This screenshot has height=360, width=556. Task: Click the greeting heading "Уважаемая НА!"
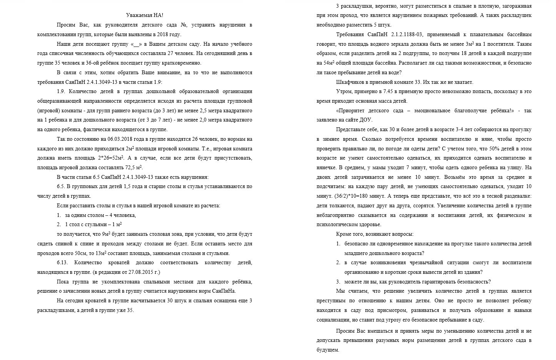pyautogui.click(x=145, y=15)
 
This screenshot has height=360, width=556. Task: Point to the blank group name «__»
pyautogui.click(x=136, y=44)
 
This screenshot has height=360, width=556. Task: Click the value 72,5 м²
pyautogui.click(x=133, y=168)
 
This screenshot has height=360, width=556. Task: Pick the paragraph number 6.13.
pyautogui.click(x=62, y=263)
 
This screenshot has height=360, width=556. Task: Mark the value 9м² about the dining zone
pyautogui.click(x=106, y=234)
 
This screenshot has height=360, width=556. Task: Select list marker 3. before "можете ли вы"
pyautogui.click(x=338, y=282)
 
